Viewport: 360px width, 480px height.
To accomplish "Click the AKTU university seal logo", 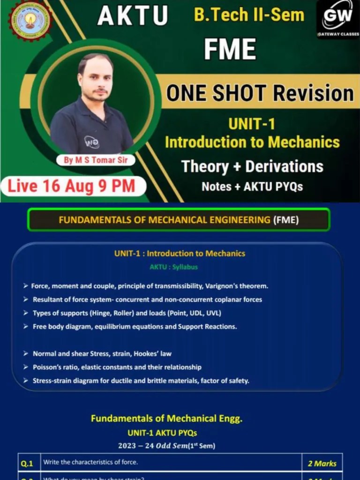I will coord(30,21).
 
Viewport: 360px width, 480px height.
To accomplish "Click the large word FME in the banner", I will coord(230,49).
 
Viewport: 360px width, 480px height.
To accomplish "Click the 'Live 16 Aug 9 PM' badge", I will coord(71,186).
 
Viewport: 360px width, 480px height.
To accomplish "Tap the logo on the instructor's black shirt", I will coord(91,141).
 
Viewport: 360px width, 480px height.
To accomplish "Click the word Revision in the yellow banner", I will coord(314,93).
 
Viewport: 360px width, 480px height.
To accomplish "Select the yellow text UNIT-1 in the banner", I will coord(252,124).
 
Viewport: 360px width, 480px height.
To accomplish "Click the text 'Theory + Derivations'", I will coord(252,166).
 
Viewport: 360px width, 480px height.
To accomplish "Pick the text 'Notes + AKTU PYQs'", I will coord(252,187).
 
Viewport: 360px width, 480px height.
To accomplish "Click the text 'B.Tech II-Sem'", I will coord(249,15).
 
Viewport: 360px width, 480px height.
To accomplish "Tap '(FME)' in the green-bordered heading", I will coord(285,220).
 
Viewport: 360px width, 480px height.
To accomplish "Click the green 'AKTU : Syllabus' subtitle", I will coord(173,267).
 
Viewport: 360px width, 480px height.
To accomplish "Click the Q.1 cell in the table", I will coord(29,463).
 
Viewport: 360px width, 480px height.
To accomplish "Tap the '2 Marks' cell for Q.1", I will coord(322,464).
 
